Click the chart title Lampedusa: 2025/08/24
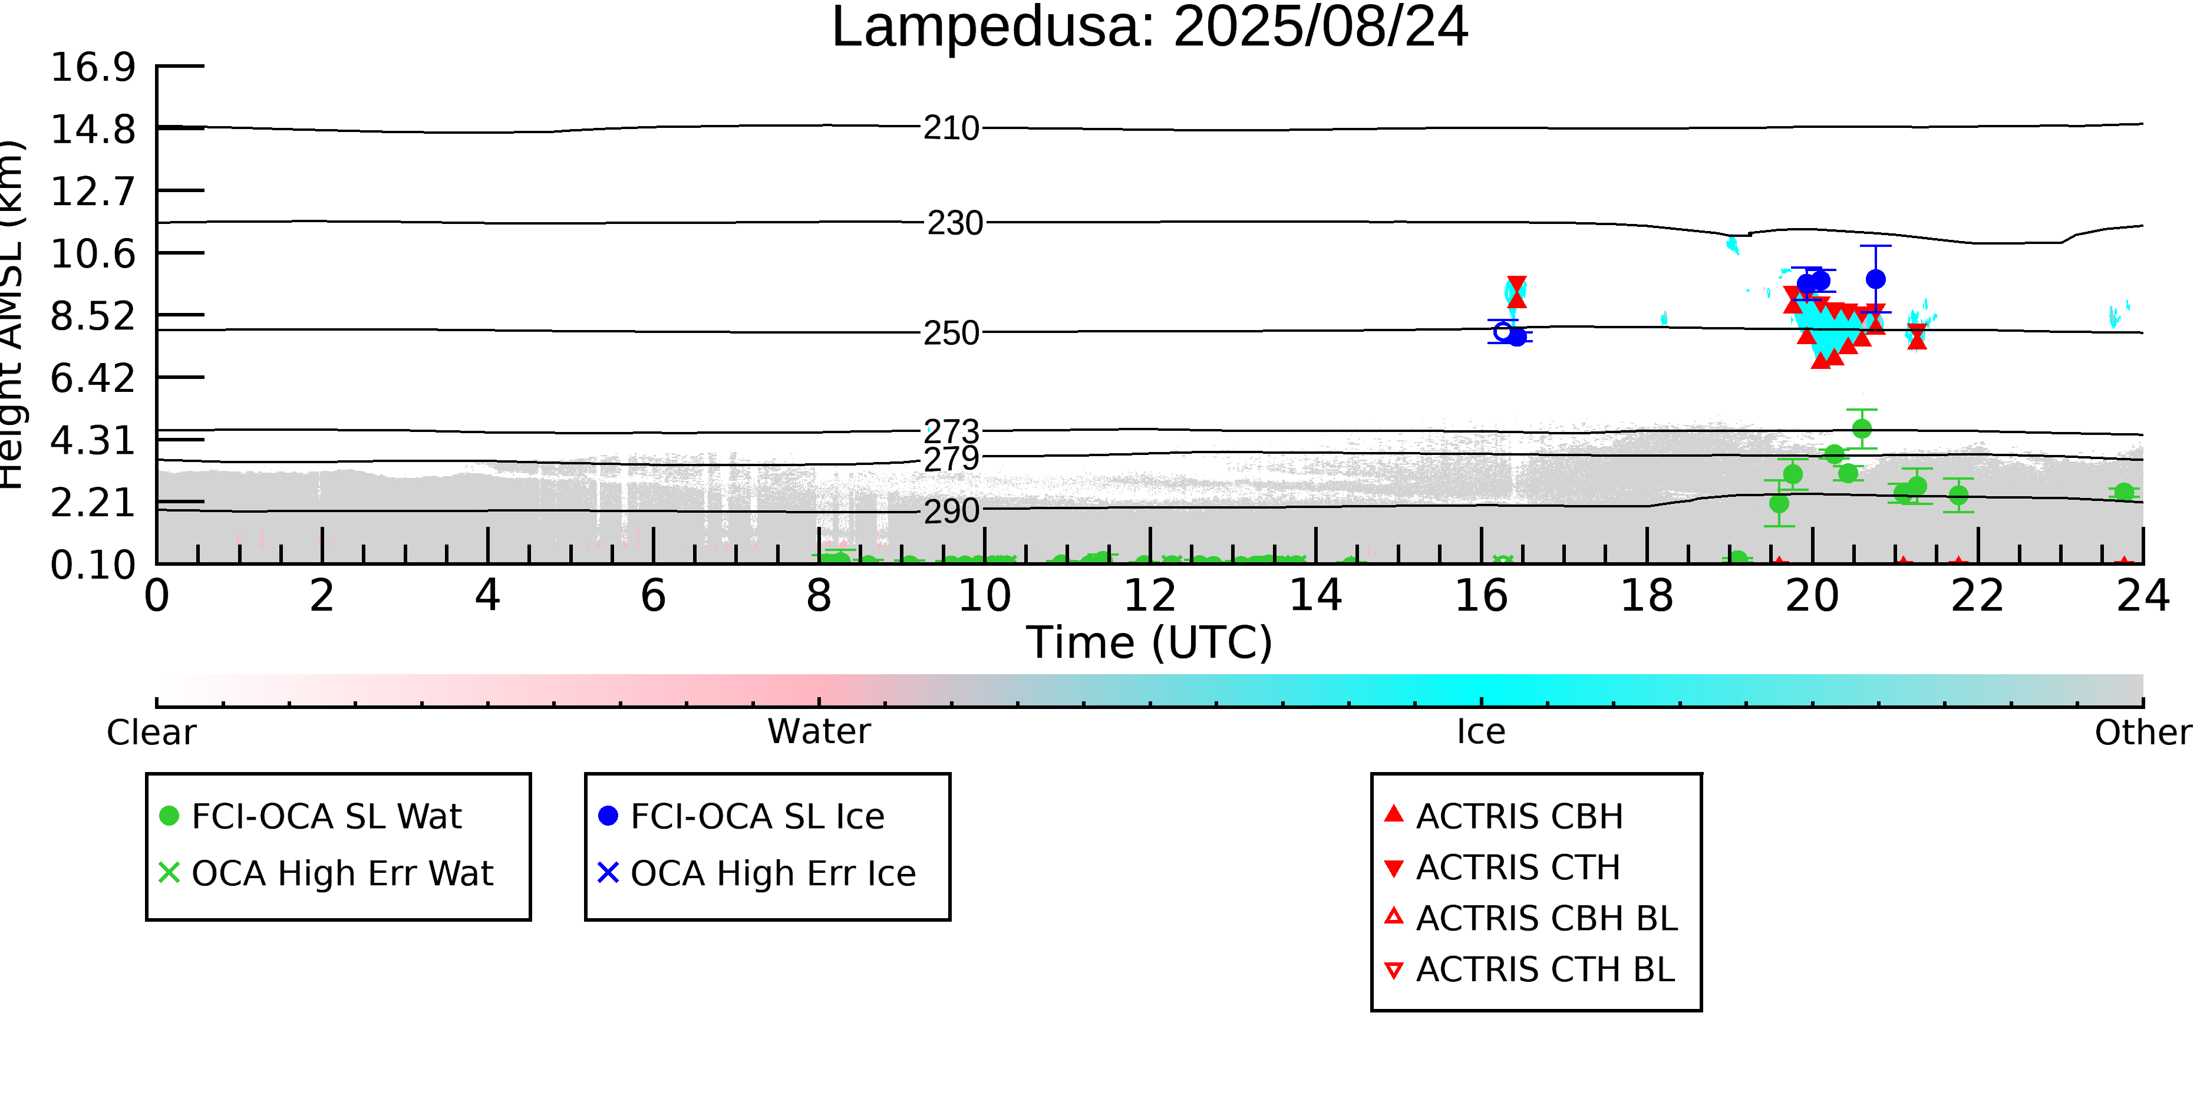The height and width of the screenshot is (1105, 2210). (x=1150, y=28)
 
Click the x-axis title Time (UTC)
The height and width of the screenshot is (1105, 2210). (x=1150, y=642)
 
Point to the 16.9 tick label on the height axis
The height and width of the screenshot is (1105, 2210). (x=93, y=67)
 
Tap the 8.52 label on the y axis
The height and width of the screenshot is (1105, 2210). (x=93, y=316)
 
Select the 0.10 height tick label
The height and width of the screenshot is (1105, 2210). (x=93, y=565)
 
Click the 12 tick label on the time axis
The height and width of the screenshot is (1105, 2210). (x=1150, y=595)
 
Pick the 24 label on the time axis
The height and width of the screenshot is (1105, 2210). (x=2143, y=595)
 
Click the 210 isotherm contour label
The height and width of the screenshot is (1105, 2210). (x=951, y=128)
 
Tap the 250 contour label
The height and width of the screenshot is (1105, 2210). (x=951, y=333)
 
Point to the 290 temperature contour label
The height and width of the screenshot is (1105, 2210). (x=951, y=512)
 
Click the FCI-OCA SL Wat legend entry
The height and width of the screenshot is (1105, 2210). (x=311, y=816)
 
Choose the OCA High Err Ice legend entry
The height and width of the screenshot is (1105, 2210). (x=757, y=873)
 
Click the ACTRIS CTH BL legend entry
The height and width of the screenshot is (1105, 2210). (x=1530, y=969)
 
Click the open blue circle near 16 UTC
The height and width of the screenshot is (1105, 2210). (x=1502, y=331)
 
